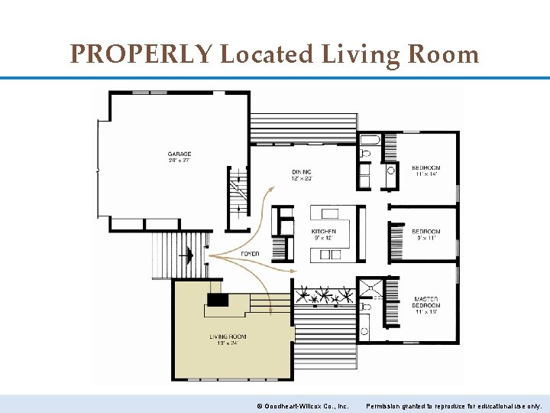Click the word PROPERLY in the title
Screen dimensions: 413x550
141,54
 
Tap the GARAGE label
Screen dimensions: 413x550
180,154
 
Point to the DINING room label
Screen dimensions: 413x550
302,171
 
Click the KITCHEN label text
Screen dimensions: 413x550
323,231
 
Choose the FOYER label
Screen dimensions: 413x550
250,254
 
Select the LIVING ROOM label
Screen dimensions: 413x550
228,337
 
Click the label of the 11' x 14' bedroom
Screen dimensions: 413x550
426,168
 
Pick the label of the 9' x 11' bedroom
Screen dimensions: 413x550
426,232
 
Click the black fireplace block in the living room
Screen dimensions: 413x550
218,300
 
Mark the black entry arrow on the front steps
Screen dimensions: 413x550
186,254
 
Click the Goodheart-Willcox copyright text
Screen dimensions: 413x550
302,405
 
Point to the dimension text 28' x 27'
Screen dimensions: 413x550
180,161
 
